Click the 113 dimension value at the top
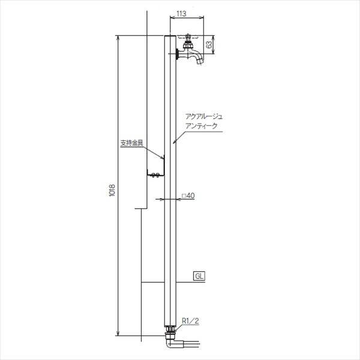point(181,14)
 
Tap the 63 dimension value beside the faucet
point(209,44)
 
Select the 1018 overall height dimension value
point(112,190)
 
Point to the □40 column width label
point(188,196)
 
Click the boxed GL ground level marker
point(199,276)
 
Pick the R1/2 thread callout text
point(190,321)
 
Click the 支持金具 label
point(132,143)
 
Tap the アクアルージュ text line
point(204,117)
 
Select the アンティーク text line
point(201,126)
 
